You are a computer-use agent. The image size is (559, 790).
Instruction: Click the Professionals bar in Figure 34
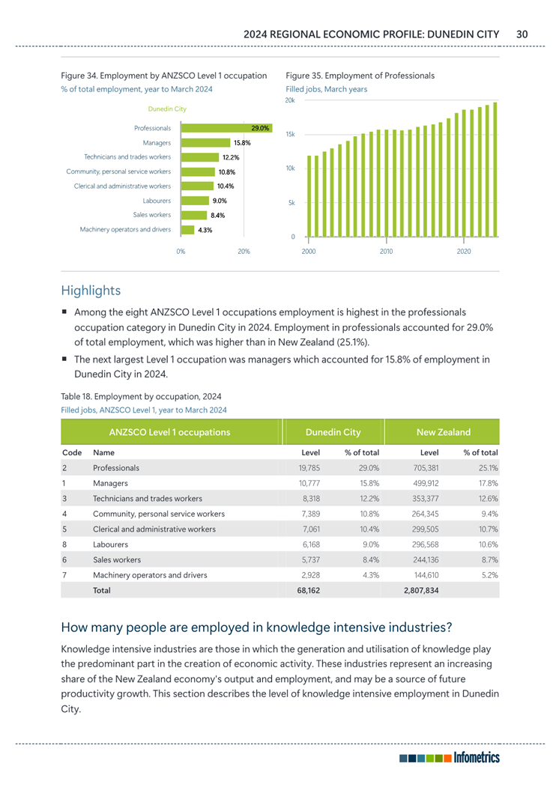pos(226,129)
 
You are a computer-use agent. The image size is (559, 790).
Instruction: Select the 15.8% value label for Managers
pos(241,143)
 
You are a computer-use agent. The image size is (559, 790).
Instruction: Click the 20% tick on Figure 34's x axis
pos(244,252)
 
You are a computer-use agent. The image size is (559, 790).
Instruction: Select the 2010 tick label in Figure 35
pos(386,252)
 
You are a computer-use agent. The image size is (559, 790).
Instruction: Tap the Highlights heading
pos(91,290)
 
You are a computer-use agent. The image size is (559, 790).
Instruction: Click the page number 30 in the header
pos(522,34)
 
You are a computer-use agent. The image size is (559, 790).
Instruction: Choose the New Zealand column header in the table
pos(443,432)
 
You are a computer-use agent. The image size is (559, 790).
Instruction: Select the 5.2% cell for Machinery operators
pos(488,575)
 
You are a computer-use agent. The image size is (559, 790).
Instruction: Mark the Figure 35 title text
pos(360,76)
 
